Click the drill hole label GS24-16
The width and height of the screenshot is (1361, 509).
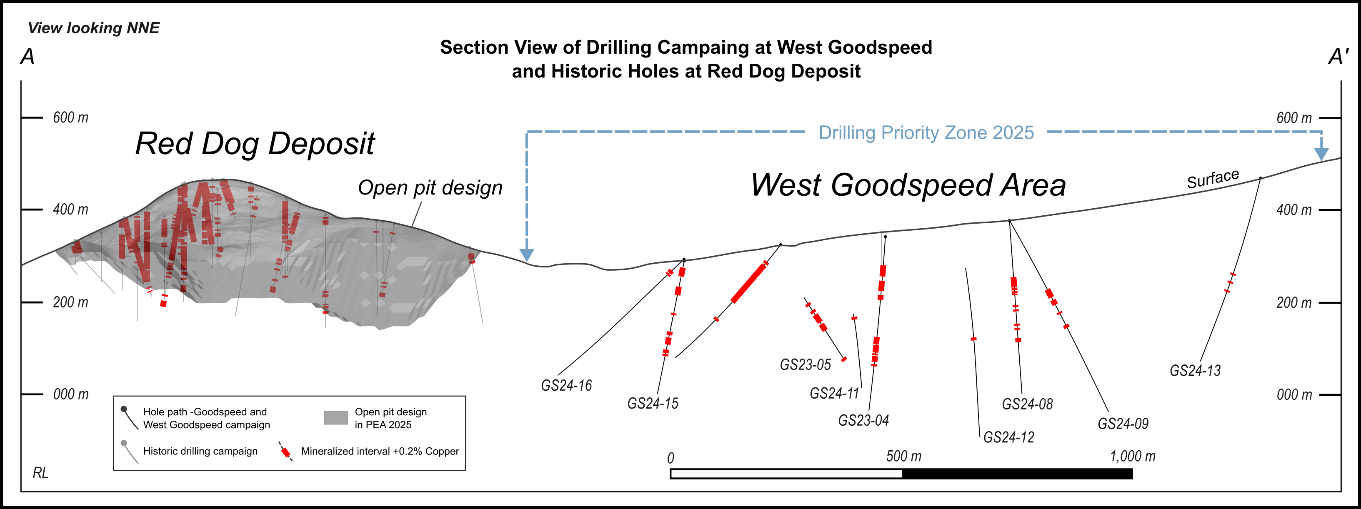point(566,385)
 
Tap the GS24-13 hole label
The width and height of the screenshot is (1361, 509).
point(1195,371)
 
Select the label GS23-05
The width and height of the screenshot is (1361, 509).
point(805,365)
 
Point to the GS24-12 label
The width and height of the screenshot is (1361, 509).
point(1008,437)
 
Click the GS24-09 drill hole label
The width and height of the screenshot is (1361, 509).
point(1123,424)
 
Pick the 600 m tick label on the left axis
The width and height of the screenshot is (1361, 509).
point(70,117)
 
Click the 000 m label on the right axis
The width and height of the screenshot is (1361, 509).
point(1294,394)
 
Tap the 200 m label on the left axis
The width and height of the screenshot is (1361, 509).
point(70,302)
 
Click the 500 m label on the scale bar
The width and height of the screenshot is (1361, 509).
point(903,456)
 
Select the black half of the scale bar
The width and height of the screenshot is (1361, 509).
point(1017,474)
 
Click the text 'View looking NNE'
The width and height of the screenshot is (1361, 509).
point(93,28)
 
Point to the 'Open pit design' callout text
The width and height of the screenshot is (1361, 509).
point(430,187)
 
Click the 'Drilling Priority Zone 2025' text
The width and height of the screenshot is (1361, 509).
point(926,132)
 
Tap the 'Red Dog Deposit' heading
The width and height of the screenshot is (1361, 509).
point(255,144)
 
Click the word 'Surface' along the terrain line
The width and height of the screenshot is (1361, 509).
point(1213,179)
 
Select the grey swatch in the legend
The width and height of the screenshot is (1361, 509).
point(335,418)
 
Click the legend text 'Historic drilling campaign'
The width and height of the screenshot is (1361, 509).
point(200,452)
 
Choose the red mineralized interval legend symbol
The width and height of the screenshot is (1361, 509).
point(286,452)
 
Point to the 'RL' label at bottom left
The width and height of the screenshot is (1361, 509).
point(41,473)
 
